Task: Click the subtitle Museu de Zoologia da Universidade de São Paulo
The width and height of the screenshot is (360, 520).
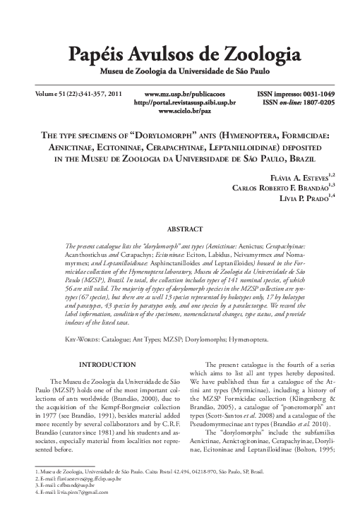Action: point(179,71)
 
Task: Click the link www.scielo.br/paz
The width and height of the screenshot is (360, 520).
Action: point(184,111)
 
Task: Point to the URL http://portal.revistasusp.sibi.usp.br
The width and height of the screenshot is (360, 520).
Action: point(184,102)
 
